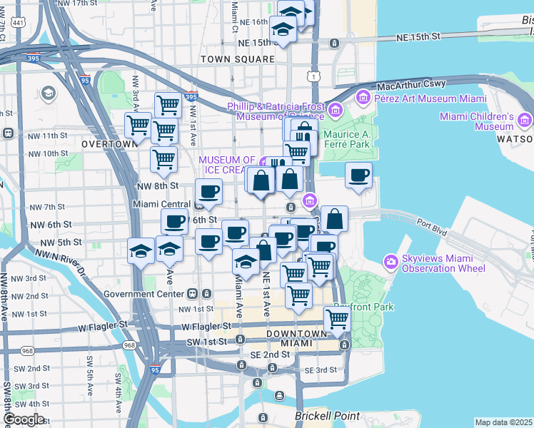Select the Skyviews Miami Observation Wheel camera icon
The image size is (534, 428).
[x=391, y=262]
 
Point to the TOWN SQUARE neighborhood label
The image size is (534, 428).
[x=238, y=58]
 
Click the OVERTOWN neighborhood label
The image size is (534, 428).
[x=109, y=143]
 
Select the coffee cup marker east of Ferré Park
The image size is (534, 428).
[x=359, y=175]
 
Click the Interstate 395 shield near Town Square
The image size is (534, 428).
[x=190, y=97]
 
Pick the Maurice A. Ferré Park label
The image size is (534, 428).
[x=346, y=139]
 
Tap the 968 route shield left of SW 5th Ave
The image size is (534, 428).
[x=27, y=350]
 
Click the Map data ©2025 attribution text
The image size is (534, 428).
[x=503, y=422]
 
